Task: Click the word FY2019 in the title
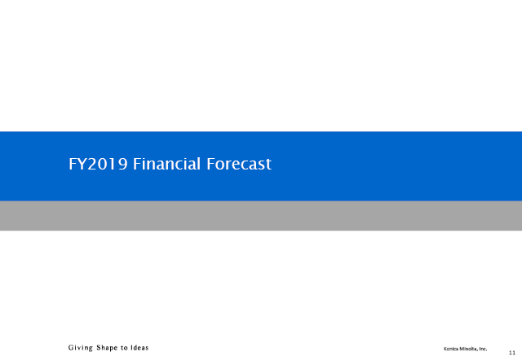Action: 98,164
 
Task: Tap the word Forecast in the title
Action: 239,164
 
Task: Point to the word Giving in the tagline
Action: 81,348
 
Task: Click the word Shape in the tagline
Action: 107,348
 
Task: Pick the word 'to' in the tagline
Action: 124,348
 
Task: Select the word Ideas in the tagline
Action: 139,348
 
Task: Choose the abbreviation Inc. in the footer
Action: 482,349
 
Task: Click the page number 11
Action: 512,353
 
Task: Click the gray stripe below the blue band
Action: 261,216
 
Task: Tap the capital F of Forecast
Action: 210,164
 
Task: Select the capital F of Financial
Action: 137,164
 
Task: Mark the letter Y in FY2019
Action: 82,164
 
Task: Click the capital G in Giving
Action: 71,348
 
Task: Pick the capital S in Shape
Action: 99,348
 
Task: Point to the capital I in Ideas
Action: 132,348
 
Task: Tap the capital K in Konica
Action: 445,349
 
